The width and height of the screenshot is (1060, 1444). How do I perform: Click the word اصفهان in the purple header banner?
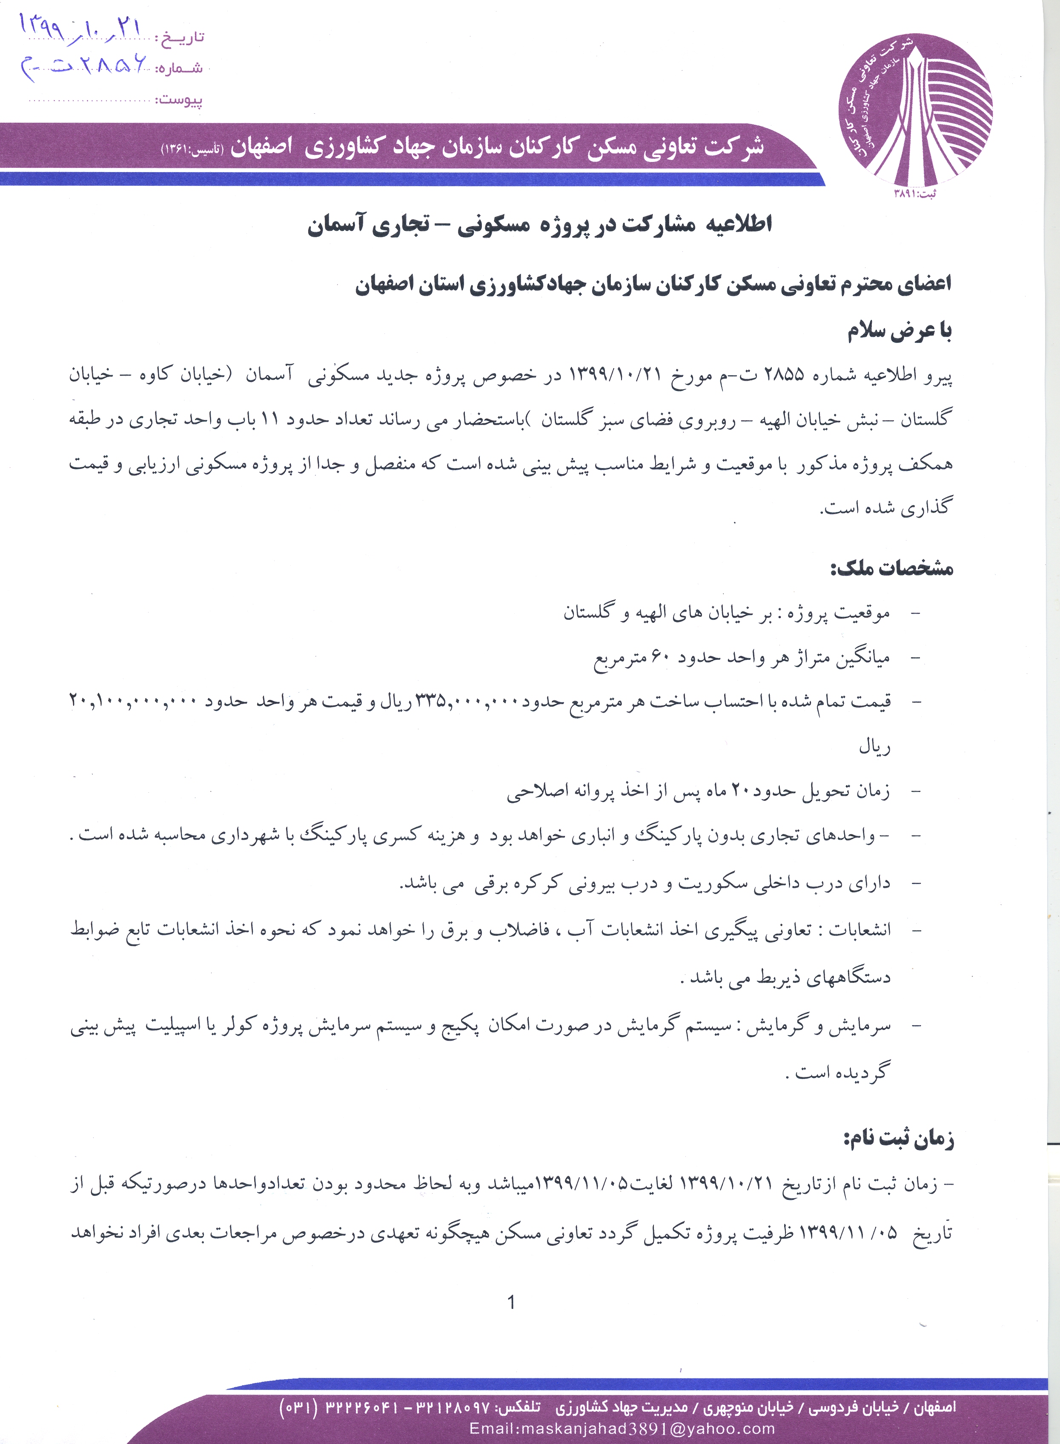point(261,147)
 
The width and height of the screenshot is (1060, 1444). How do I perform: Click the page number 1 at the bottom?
point(511,1302)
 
